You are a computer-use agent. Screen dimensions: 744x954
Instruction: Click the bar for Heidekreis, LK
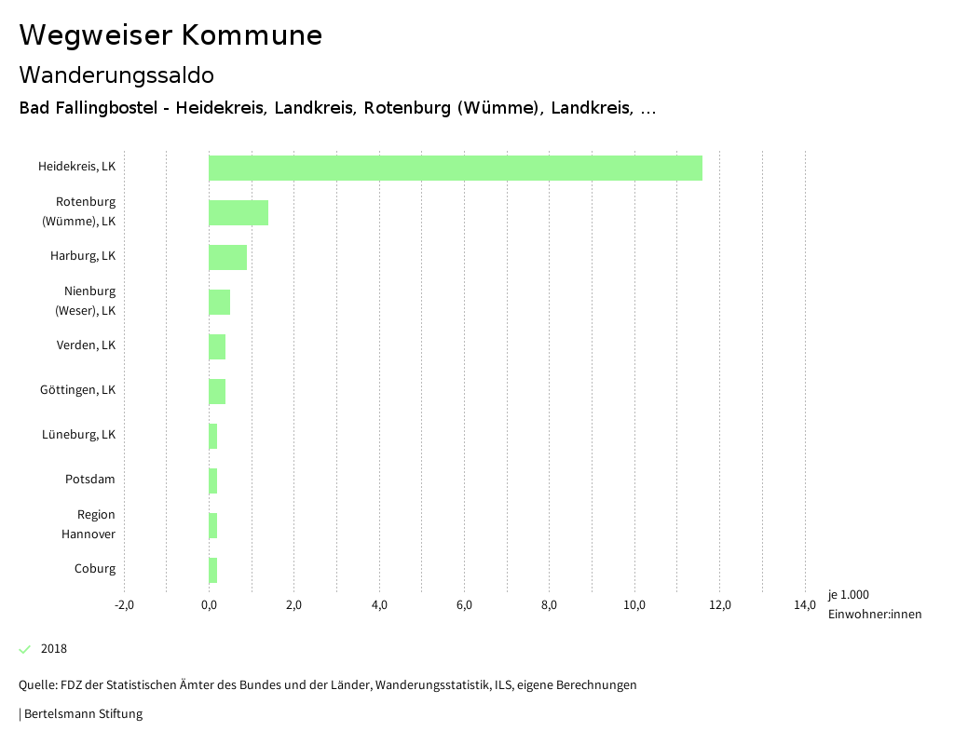455,168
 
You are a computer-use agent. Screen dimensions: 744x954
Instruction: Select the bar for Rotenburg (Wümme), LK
238,212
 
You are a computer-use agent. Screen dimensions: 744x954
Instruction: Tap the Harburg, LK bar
227,257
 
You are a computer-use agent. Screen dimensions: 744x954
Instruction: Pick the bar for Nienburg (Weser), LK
219,302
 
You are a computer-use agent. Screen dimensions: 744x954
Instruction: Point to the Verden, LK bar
217,346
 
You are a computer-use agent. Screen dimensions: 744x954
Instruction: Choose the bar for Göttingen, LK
217,391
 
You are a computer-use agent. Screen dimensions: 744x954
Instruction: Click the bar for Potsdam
213,480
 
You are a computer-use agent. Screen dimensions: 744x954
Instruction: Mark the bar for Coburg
213,570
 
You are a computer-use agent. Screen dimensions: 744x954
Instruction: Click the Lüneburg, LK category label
78,435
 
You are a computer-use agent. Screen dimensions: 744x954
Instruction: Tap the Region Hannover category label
89,524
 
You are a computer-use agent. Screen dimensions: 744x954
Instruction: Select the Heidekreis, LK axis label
76,167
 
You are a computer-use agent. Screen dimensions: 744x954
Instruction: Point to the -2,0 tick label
124,605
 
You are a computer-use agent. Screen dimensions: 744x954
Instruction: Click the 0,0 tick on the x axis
209,605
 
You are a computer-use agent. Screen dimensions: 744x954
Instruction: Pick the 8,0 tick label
549,605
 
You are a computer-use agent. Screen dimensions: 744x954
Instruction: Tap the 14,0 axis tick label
804,605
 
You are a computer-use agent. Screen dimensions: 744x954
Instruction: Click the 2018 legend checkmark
25,649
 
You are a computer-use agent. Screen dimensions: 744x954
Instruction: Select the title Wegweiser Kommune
170,35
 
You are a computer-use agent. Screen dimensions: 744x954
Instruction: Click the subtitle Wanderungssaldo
116,75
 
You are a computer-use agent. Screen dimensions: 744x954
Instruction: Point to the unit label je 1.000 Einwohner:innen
874,604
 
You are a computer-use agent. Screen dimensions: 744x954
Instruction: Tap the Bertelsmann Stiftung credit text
82,714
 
